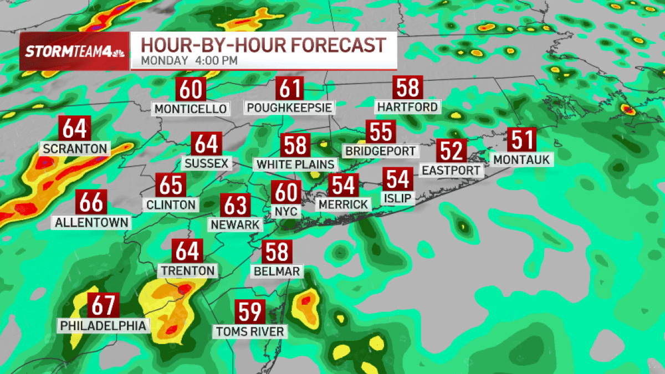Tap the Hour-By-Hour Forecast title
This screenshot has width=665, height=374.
(263, 44)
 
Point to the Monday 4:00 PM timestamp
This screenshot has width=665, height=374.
(189, 60)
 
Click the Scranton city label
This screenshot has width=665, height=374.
(74, 148)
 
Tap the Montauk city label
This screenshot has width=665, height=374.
(522, 160)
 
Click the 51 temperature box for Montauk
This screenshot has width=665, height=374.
(522, 139)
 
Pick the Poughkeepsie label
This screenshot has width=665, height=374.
(289, 107)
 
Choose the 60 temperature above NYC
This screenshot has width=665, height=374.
(287, 192)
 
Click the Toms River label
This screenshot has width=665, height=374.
(250, 332)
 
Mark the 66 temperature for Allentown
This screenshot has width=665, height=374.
(91, 202)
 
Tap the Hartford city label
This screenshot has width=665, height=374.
(407, 106)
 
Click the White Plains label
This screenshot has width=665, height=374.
(295, 165)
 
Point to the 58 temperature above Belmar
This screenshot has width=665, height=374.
(277, 252)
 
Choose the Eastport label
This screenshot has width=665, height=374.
(452, 170)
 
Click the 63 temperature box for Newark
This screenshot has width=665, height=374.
(235, 205)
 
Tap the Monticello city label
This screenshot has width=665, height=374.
(191, 109)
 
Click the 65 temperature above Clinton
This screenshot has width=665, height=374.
(171, 185)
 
